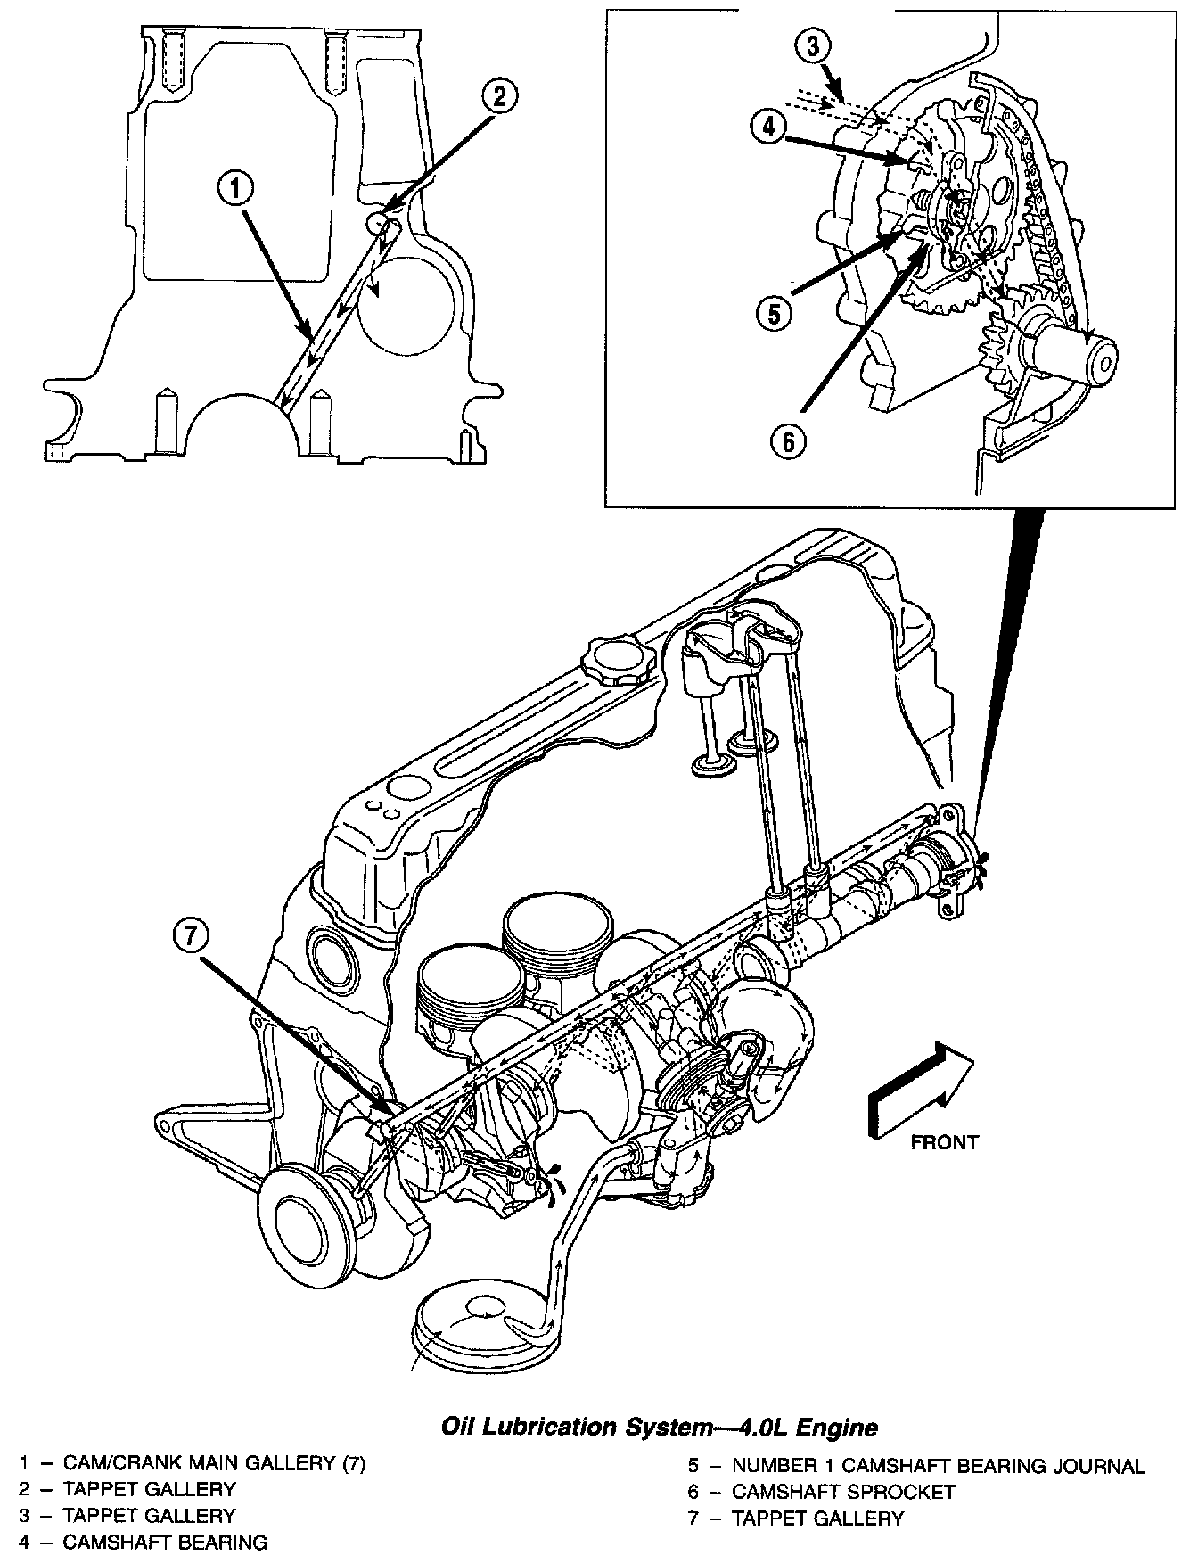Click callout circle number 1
(236, 190)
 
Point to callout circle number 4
(768, 127)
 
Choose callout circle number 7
(195, 935)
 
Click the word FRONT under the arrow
(944, 1142)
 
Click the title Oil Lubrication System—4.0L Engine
(661, 1428)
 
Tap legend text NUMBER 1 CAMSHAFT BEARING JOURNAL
(939, 1465)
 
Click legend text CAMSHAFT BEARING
(165, 1543)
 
